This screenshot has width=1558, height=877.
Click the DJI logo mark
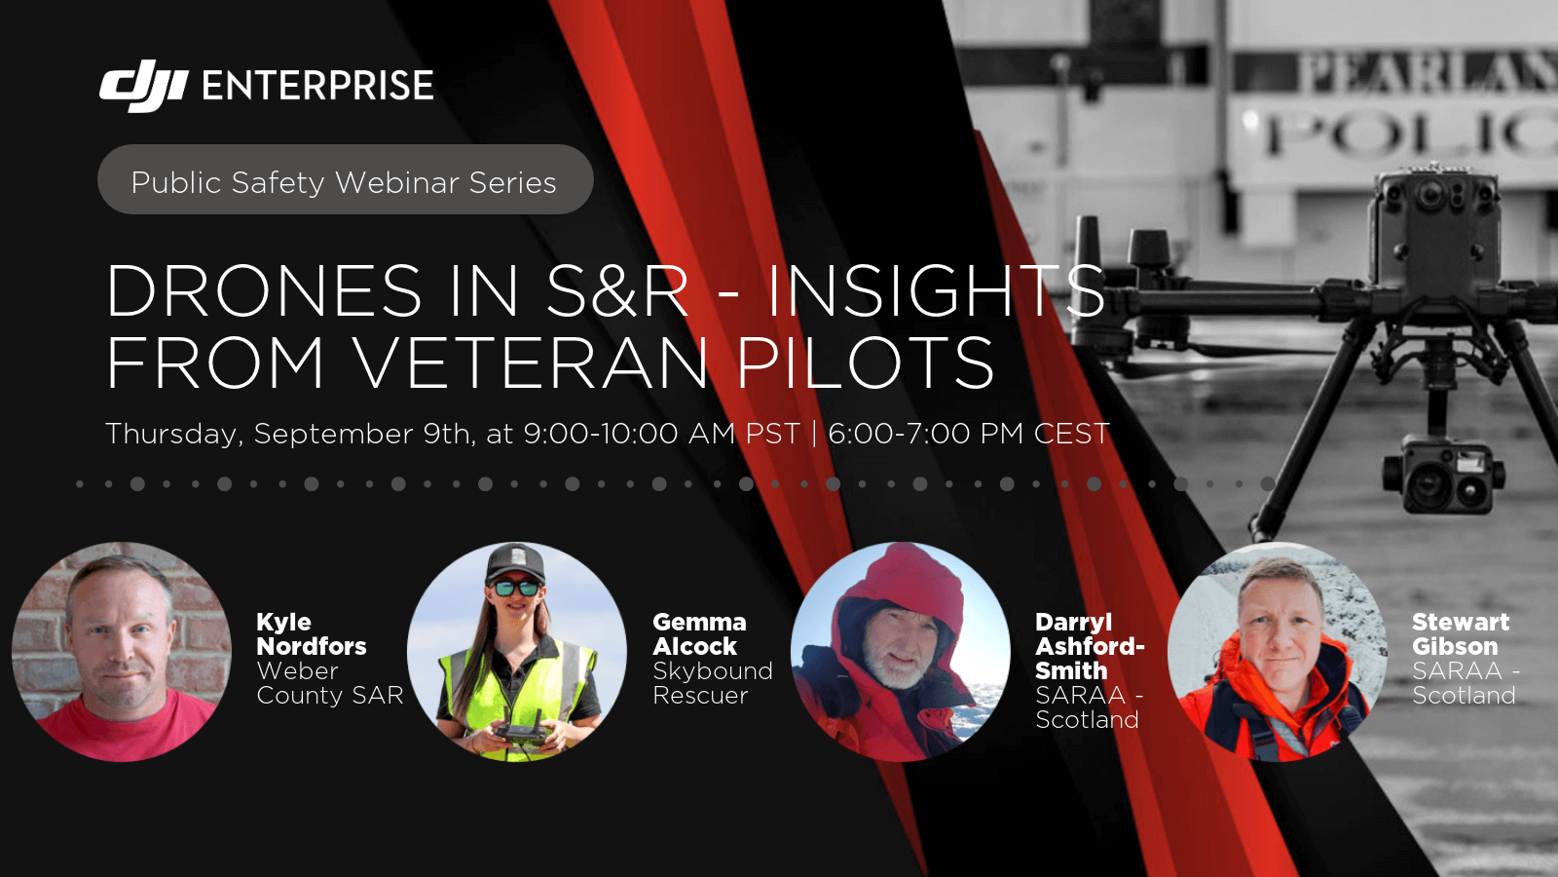tap(144, 86)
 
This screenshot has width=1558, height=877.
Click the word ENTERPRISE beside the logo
tap(317, 86)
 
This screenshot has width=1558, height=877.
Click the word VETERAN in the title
tap(530, 362)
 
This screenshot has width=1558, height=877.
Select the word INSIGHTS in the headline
tap(936, 290)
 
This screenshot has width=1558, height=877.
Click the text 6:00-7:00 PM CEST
tap(969, 433)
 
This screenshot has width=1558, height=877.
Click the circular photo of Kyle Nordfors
tap(122, 652)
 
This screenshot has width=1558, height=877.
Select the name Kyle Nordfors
tap(311, 634)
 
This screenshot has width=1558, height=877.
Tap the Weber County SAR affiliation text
tap(330, 683)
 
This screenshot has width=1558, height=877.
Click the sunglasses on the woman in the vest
tap(516, 589)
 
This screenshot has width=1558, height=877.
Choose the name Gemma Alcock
tap(699, 634)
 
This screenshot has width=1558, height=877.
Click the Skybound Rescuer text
tap(712, 683)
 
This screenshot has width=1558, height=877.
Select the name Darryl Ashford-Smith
tap(1090, 646)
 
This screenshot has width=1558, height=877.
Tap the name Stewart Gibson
tap(1461, 634)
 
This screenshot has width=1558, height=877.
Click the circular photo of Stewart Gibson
tap(1277, 652)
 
